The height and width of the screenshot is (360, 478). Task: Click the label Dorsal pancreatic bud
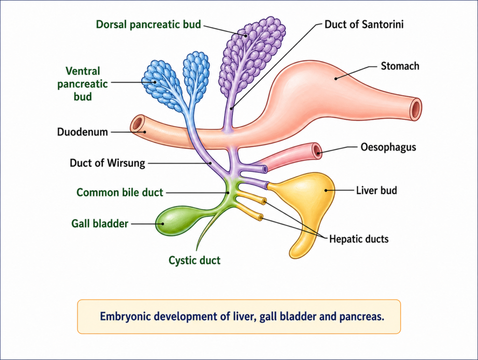[x=148, y=24]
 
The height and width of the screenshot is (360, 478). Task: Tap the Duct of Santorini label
[x=364, y=24]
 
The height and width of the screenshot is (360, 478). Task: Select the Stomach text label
[x=400, y=66]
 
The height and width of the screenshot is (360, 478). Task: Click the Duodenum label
[x=83, y=132]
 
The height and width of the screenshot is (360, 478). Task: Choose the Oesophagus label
[x=388, y=147]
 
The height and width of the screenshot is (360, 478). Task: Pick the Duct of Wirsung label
[x=107, y=163]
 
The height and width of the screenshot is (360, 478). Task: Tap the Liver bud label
[x=376, y=190]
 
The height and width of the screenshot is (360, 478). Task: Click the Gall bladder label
[x=100, y=224]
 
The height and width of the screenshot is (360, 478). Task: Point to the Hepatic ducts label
[x=358, y=239]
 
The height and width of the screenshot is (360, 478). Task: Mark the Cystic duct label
[x=194, y=260]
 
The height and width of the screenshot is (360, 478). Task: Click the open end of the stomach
[x=415, y=109]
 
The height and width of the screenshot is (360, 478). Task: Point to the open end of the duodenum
[x=137, y=125]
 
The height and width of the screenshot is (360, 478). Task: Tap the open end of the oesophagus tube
[x=317, y=150]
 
